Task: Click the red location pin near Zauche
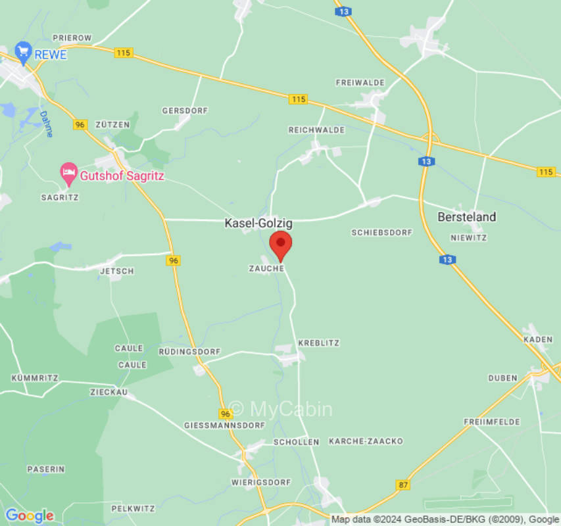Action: point(281,245)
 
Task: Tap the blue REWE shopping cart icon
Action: point(24,53)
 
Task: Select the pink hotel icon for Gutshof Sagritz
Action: point(68,174)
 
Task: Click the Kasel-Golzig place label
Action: point(258,224)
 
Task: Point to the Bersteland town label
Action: point(467,217)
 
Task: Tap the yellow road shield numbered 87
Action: point(402,485)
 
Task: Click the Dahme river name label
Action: point(46,124)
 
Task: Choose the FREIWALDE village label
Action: point(360,83)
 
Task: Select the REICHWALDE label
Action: point(316,130)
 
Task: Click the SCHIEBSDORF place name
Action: point(381,233)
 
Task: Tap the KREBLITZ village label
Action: point(318,343)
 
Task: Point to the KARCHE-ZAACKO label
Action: point(366,441)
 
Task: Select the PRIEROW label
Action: point(72,38)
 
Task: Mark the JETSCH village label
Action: point(117,271)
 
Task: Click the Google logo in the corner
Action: point(29,515)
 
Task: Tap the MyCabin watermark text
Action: point(281,409)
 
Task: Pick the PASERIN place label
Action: point(46,469)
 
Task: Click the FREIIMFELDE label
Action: point(492,421)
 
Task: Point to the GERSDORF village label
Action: point(185,110)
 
